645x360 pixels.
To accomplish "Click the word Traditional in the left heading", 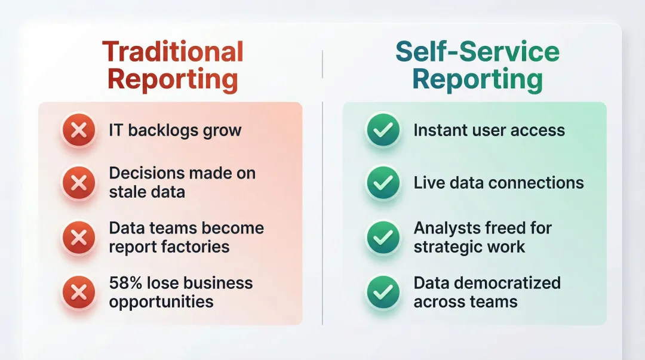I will click(x=173, y=52).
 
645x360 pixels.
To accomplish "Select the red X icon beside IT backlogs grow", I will click(x=79, y=130).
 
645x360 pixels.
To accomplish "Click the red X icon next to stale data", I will click(x=79, y=183).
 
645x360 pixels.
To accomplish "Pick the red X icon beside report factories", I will click(x=79, y=238).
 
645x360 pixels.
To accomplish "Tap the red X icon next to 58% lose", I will click(x=79, y=292).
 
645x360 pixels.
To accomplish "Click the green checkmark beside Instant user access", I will click(x=383, y=130).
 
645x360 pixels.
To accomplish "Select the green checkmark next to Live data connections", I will click(x=383, y=183).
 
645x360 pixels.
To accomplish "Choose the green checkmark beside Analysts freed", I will click(x=383, y=238).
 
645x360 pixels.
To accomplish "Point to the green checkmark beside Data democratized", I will click(x=383, y=292).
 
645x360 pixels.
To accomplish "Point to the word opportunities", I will click(x=161, y=302).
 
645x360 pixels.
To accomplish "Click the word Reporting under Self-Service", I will click(x=477, y=79).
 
